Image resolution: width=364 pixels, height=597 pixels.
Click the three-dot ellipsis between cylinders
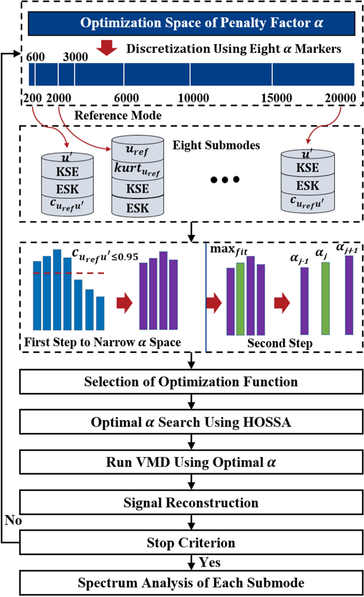225,180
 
